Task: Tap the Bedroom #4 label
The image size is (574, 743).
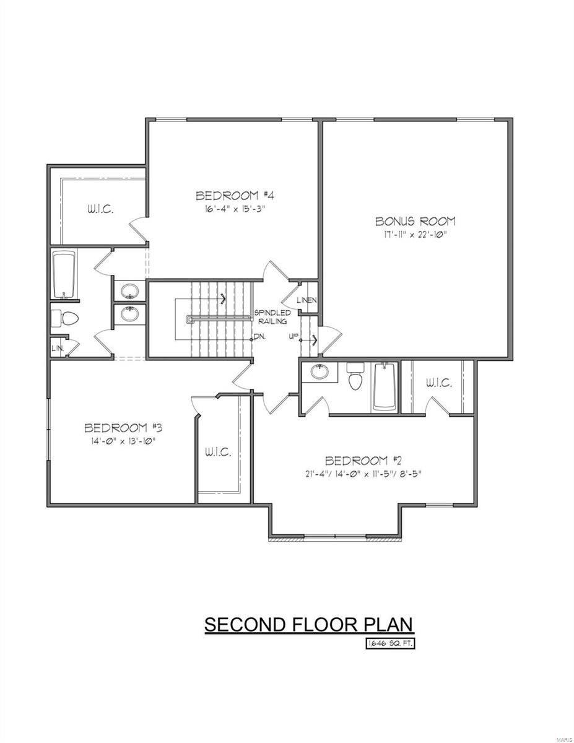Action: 235,196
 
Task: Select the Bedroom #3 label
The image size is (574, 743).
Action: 123,428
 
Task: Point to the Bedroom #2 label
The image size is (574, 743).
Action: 364,461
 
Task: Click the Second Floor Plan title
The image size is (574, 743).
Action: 308,625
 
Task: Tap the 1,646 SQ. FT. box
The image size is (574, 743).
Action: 389,644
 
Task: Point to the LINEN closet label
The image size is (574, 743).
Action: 307,300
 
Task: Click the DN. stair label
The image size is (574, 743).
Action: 259,337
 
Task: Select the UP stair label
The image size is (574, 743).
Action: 294,337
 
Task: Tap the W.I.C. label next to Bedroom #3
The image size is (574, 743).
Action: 218,452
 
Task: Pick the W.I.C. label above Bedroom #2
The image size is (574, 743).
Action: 438,384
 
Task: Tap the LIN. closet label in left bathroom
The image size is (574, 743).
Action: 58,348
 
